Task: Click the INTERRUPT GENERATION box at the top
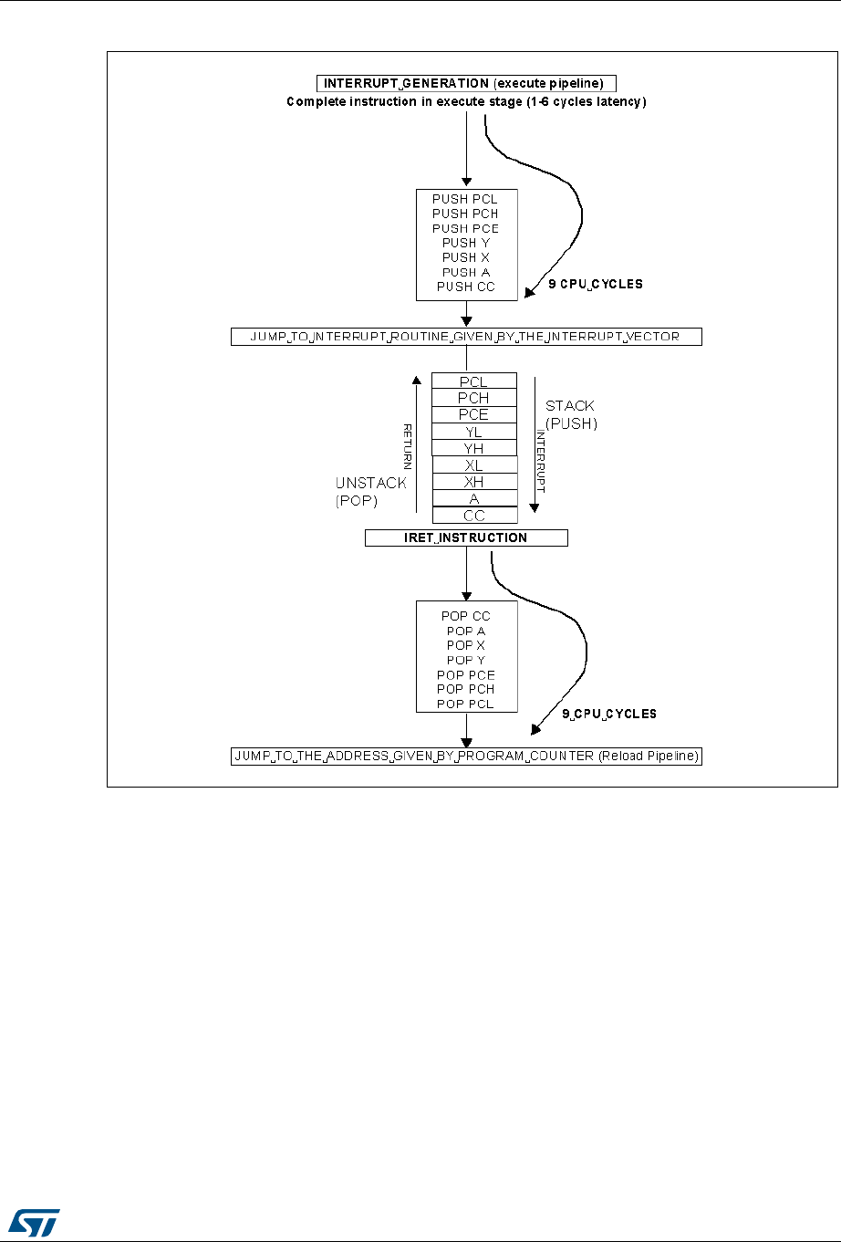(x=466, y=83)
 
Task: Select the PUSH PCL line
(x=465, y=199)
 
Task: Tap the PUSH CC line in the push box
(x=465, y=287)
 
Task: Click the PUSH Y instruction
(x=465, y=243)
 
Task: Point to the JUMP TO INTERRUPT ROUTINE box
(x=466, y=337)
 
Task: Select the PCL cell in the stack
(x=473, y=381)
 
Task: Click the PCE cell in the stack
(x=473, y=414)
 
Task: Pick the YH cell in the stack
(x=473, y=448)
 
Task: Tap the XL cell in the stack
(x=473, y=465)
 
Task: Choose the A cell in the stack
(x=473, y=499)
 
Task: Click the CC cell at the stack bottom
(x=473, y=516)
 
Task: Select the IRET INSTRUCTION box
(x=466, y=538)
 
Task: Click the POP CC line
(x=465, y=616)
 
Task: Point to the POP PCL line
(x=465, y=704)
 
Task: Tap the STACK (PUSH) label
(x=571, y=414)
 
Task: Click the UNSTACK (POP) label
(x=369, y=491)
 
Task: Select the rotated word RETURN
(x=408, y=447)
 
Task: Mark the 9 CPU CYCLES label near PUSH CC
(x=595, y=284)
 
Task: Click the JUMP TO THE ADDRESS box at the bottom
(x=466, y=757)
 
